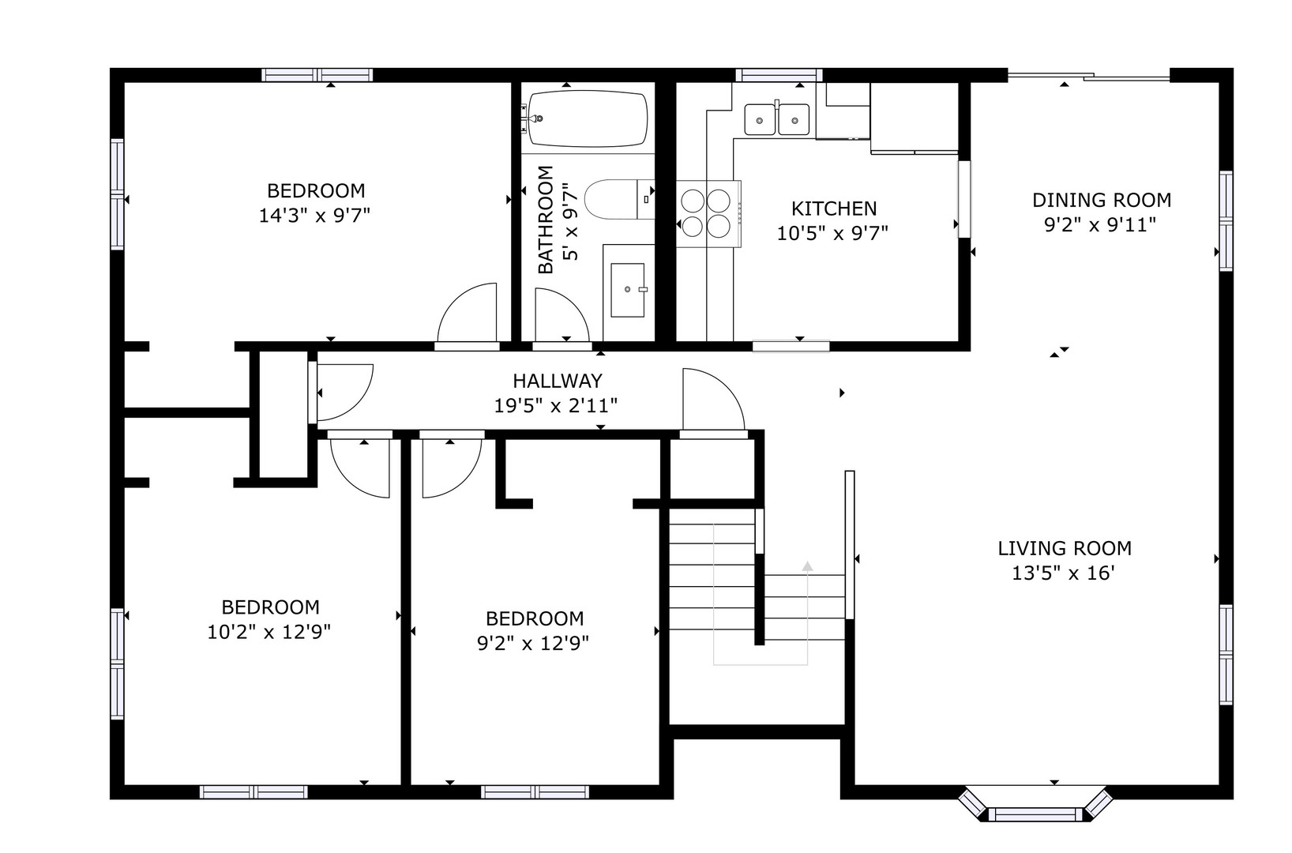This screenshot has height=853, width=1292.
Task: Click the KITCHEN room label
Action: coord(833,209)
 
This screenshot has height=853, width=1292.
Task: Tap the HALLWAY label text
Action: coord(558,381)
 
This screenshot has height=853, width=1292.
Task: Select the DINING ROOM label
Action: coord(1102,200)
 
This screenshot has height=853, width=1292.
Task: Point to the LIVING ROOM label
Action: coord(1065,548)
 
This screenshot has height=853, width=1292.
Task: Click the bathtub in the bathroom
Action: coord(588,118)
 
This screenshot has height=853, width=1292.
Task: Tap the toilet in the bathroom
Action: coord(619,200)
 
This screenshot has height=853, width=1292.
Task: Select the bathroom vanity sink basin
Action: coord(628,290)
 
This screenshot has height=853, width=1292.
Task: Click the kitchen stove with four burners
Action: coord(708,214)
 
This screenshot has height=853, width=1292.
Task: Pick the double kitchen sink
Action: coord(776,119)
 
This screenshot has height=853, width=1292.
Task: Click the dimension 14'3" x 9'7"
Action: coord(314,216)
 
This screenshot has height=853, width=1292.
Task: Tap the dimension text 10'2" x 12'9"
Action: coord(269,632)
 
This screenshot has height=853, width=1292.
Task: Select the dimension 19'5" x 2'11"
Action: coord(555,406)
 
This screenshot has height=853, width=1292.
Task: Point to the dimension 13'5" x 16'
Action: coord(1063,573)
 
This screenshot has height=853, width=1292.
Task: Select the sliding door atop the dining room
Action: coord(1089,76)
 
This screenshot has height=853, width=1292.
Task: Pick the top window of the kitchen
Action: coord(779,75)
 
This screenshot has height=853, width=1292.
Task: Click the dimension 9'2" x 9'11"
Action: coord(1100,225)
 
